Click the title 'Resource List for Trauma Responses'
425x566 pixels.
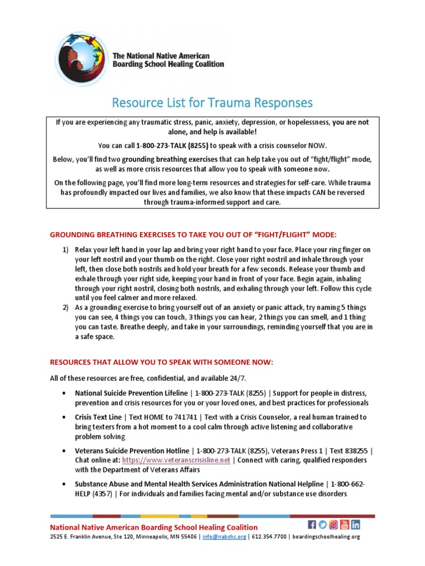click(212, 103)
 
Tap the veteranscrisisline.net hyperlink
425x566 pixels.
click(176, 460)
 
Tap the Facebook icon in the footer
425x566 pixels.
click(312, 525)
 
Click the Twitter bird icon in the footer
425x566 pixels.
click(323, 525)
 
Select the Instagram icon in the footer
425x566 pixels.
click(334, 525)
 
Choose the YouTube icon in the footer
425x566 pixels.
click(344, 525)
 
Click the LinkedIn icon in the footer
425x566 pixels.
click(355, 525)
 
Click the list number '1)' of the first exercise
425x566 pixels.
click(65, 249)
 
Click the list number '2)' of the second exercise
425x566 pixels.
click(65, 307)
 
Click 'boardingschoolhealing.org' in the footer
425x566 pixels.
click(326, 536)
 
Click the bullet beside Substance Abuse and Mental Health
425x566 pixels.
click(65, 484)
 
